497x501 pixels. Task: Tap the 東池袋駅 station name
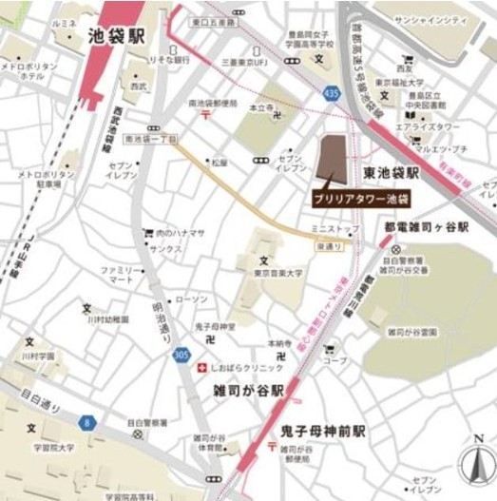[x=392, y=173]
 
